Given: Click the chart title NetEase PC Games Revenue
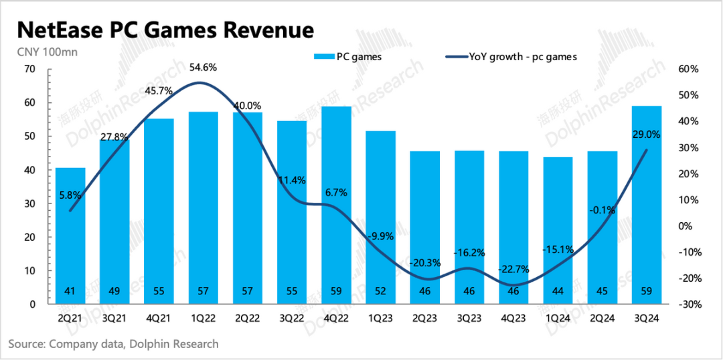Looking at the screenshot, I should click(x=165, y=30).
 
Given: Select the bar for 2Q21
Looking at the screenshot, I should click(x=70, y=234).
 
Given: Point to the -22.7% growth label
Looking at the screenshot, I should click(x=513, y=270).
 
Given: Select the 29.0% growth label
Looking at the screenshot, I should click(x=647, y=134).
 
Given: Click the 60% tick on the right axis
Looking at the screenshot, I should click(x=688, y=69).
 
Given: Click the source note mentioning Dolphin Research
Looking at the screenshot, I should click(x=114, y=344).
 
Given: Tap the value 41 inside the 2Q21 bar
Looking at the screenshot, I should click(x=70, y=292).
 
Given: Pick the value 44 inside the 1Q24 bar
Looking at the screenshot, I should click(x=558, y=292).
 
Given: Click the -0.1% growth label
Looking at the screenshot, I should click(x=602, y=210).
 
